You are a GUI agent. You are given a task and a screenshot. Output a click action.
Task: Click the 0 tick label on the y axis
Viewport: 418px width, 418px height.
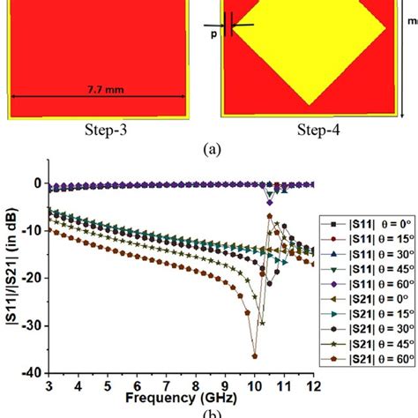40,183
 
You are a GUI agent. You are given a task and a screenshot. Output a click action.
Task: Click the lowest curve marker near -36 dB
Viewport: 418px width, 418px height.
255,355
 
